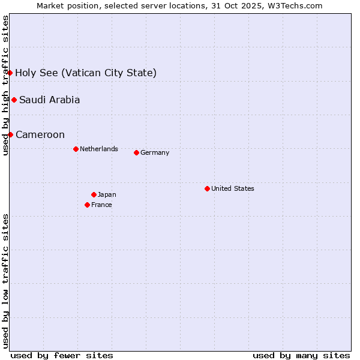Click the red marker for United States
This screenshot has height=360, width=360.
pyautogui.click(x=207, y=188)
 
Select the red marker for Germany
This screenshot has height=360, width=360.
pyautogui.click(x=136, y=152)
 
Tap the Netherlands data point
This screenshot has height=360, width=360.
pyautogui.click(x=76, y=149)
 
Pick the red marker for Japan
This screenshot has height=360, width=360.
pyautogui.click(x=94, y=194)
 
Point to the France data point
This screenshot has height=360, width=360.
pyautogui.click(x=87, y=205)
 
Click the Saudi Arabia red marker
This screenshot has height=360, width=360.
pyautogui.click(x=14, y=100)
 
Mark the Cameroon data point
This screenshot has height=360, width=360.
pyautogui.click(x=10, y=134)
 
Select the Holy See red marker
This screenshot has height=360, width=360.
pyautogui.click(x=10, y=73)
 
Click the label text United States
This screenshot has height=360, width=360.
pyautogui.click(x=233, y=188)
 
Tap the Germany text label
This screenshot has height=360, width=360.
pyautogui.click(x=155, y=152)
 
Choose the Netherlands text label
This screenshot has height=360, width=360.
pyautogui.click(x=99, y=149)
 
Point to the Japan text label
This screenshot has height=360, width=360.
pyautogui.click(x=107, y=194)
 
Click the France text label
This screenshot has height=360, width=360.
pyautogui.click(x=101, y=205)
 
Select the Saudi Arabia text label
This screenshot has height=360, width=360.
pyautogui.click(x=49, y=100)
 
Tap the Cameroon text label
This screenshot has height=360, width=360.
pyautogui.click(x=40, y=134)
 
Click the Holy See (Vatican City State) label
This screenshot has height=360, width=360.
pyautogui.click(x=86, y=73)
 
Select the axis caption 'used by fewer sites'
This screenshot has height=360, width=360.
pyautogui.click(x=62, y=355)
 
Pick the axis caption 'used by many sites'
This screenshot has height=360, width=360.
pyautogui.click(x=301, y=355)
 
